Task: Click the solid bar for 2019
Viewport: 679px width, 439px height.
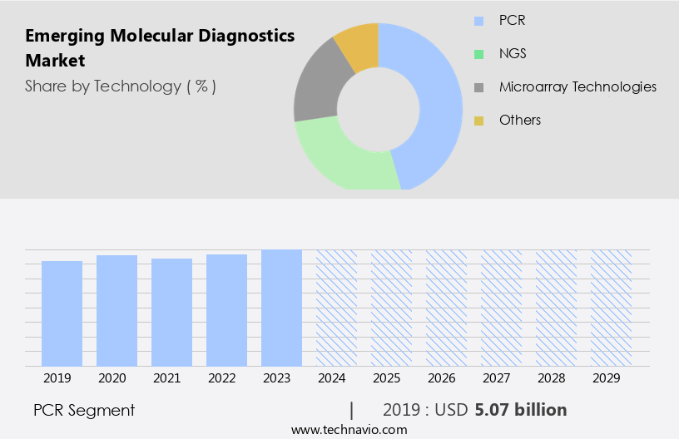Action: click(62, 313)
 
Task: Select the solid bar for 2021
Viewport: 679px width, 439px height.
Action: click(171, 312)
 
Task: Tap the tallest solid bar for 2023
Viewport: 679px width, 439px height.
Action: click(281, 308)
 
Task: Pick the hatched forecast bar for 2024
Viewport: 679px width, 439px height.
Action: click(336, 308)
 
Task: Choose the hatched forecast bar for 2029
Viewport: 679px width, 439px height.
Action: click(611, 308)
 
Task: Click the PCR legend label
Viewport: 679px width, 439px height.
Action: click(512, 20)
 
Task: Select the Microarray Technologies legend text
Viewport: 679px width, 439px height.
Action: click(577, 86)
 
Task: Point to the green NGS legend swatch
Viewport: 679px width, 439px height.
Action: click(478, 54)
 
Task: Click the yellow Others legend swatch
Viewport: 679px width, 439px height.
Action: click(478, 121)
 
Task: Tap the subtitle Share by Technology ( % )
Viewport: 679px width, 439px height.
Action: click(121, 86)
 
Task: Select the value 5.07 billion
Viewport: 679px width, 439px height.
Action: click(521, 410)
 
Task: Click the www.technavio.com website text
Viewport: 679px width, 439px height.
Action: click(349, 430)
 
